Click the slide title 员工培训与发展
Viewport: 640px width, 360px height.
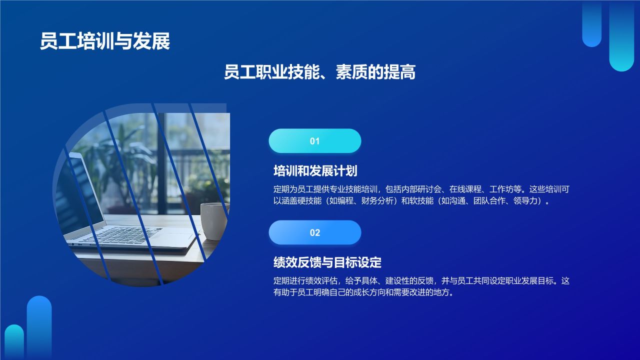point(105,41)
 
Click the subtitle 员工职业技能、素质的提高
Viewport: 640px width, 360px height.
point(319,72)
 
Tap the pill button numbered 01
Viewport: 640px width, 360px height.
point(314,141)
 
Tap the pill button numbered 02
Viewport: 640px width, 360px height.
point(314,232)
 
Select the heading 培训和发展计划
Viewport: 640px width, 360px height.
point(315,171)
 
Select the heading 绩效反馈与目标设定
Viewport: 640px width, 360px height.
point(327,262)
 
